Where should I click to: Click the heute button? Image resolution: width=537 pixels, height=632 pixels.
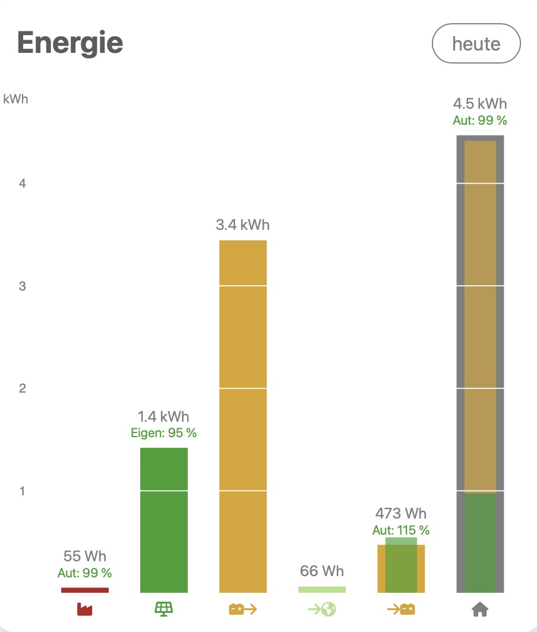coord(476,43)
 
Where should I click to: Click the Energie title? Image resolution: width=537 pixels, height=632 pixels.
coord(70,42)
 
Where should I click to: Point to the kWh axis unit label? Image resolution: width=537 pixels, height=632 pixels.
coord(15,99)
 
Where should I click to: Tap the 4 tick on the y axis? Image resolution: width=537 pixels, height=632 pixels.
coord(23,184)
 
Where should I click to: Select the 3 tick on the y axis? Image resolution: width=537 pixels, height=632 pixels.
coord(23,286)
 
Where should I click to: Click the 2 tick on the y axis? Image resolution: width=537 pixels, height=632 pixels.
coord(23,388)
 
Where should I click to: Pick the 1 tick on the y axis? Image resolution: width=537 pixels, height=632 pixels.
coord(23,491)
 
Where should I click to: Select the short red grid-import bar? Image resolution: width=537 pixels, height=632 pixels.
coord(85,590)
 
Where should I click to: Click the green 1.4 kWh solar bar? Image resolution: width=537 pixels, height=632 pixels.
coord(164,520)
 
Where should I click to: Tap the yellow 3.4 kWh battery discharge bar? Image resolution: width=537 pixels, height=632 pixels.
coord(243,416)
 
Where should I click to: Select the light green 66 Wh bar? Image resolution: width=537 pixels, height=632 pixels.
coord(322,589)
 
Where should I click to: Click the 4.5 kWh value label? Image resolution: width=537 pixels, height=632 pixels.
coord(480,104)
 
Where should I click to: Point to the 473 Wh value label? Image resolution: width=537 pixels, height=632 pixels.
coord(401,514)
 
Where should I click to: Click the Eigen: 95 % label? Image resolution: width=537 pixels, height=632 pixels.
coord(164,433)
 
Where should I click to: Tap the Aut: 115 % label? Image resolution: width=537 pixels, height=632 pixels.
coord(401,530)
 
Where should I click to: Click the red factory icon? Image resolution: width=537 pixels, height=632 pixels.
coord(85,609)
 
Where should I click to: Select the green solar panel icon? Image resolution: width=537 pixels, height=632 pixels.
coord(164,609)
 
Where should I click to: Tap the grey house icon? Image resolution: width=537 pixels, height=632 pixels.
coord(480,609)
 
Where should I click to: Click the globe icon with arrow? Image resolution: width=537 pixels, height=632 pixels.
coord(322,609)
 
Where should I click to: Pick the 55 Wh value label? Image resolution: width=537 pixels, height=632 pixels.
coord(85,557)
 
